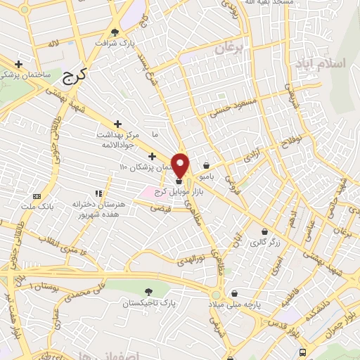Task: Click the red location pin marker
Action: click(x=181, y=165)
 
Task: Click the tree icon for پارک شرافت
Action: click(x=115, y=32)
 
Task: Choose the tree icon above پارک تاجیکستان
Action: click(x=148, y=291)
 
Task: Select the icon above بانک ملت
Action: click(x=37, y=196)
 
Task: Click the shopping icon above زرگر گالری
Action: click(x=264, y=231)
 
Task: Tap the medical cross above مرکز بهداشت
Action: click(x=117, y=124)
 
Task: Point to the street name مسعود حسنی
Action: click(x=230, y=107)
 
